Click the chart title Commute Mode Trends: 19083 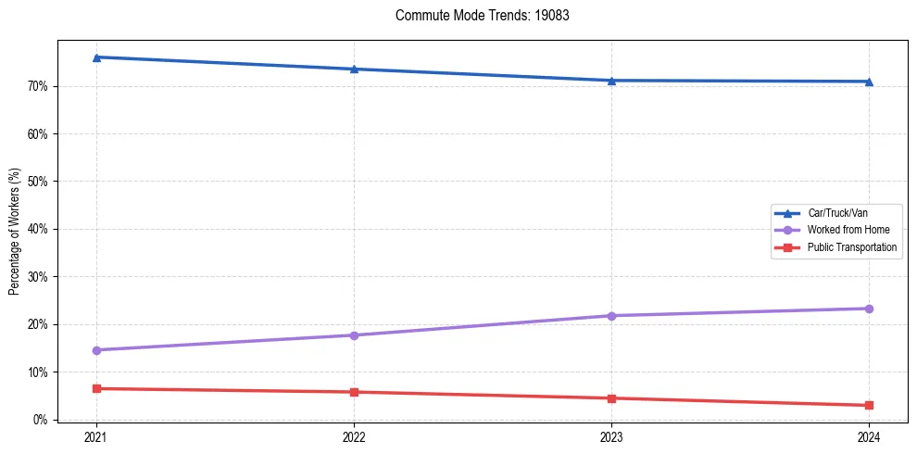coord(475,16)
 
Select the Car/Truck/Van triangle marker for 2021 coord(96,57)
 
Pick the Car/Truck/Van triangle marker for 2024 coord(869,82)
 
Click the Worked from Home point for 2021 coord(96,350)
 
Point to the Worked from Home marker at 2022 coord(354,335)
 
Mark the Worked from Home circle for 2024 coord(869,309)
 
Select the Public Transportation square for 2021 coord(96,388)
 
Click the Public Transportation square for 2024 coord(869,405)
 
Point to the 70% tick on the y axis coord(38,86)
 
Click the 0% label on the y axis coord(41,420)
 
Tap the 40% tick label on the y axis coord(38,229)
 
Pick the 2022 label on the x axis coord(354,436)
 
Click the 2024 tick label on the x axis coord(869,436)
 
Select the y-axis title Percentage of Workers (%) coord(15,232)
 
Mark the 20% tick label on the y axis coord(38,324)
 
